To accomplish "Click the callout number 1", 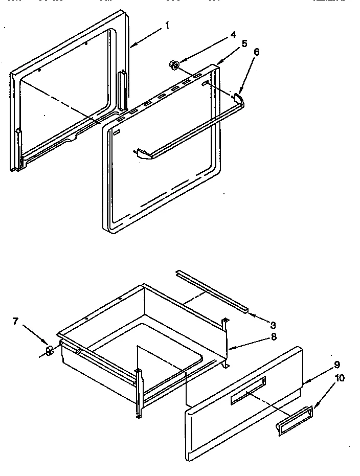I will tap(167, 25).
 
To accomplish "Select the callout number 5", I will tap(244, 43).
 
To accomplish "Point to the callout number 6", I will tap(257, 52).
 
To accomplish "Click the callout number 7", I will tap(15, 321).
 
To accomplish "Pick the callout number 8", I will tap(274, 337).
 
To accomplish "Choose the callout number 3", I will tap(273, 325).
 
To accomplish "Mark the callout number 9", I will tap(337, 365).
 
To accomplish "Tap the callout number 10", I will tap(340, 378).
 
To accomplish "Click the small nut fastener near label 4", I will tap(174, 64).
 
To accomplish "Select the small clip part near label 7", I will tap(50, 351).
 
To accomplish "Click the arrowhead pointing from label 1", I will tap(132, 46).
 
